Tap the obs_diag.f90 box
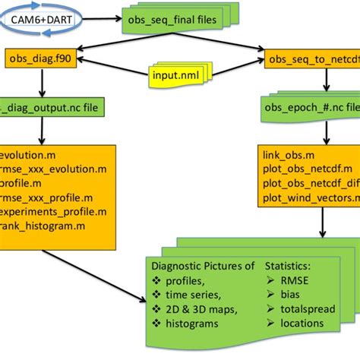point(36,58)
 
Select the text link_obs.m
point(287,154)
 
